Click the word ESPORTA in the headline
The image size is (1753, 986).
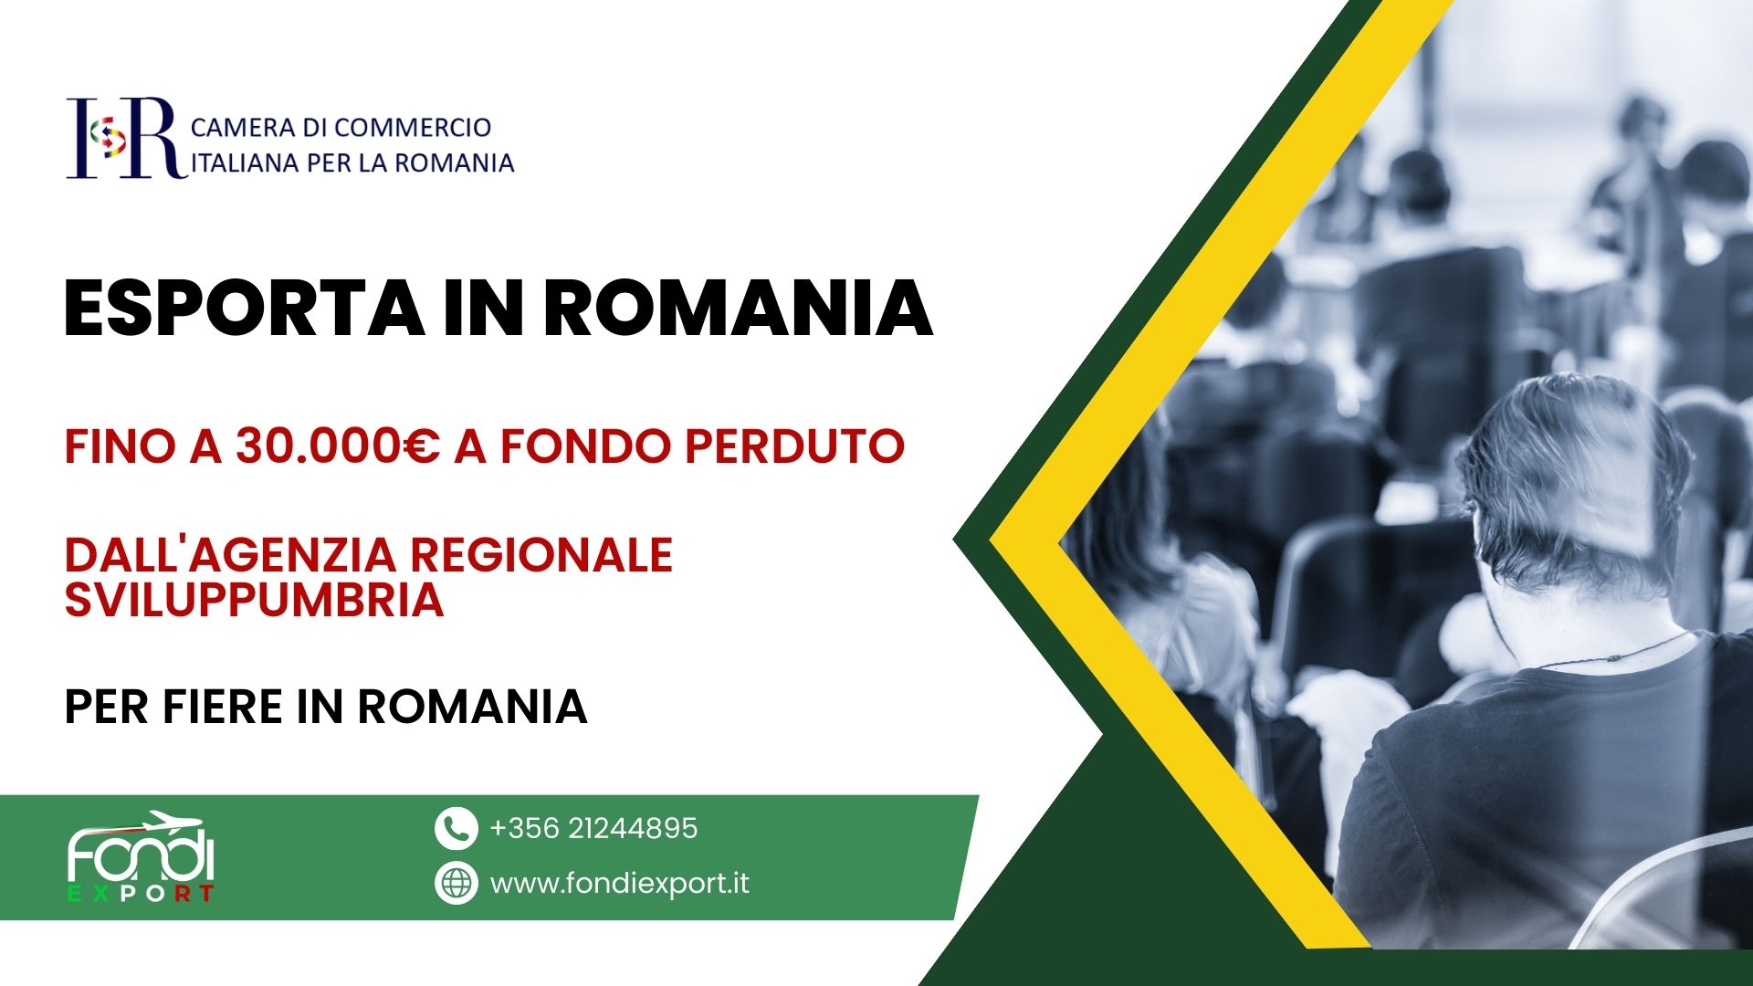point(244,309)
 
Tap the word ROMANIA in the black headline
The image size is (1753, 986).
point(738,309)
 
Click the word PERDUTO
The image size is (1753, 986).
point(794,446)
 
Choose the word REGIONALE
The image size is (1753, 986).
point(541,555)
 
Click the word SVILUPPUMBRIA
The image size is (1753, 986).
point(254,600)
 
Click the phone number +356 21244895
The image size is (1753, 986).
point(593,828)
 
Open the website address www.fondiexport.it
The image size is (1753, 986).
point(619,884)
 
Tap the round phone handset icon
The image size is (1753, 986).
point(456,829)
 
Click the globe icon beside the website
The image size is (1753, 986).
point(456,883)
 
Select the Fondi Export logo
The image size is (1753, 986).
point(141,856)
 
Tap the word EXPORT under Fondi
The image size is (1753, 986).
point(141,893)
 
